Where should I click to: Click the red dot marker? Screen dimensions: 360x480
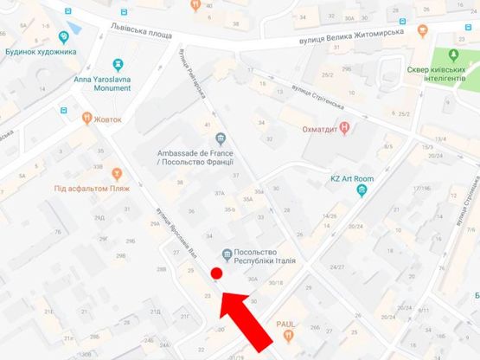point(217,274)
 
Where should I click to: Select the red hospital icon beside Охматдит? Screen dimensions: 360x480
point(346,128)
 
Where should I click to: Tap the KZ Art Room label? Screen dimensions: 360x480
point(353,179)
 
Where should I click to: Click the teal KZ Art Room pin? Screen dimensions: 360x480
point(362,191)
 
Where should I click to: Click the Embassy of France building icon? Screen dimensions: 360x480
point(220,139)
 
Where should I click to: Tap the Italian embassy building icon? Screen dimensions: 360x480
point(227,254)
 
